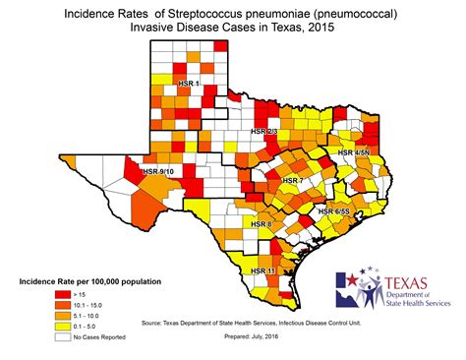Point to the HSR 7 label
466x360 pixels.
pos(292,181)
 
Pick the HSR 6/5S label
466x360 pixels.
pos(334,211)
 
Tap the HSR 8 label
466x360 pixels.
pos(262,225)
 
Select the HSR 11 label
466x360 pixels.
pos(262,269)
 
